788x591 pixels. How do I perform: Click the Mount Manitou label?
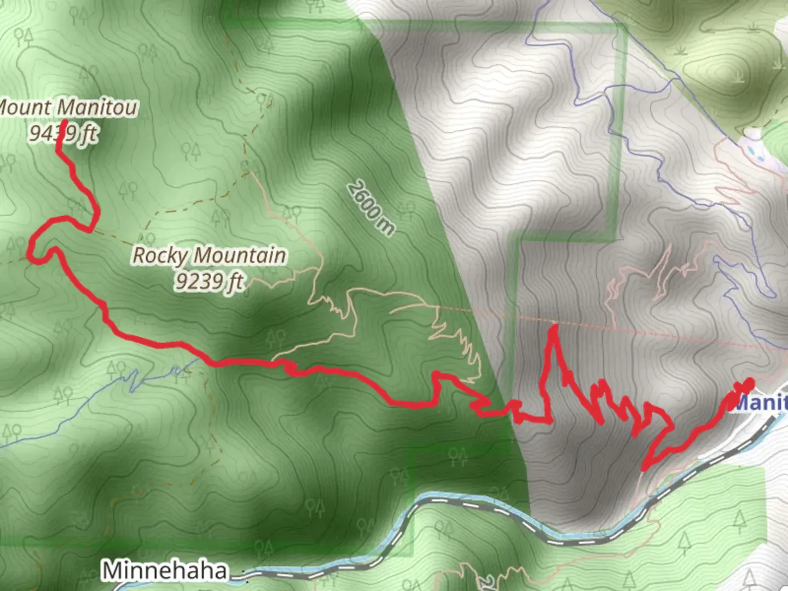tap(68, 107)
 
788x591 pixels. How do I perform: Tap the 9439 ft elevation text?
tap(63, 132)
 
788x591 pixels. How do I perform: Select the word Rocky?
tap(160, 256)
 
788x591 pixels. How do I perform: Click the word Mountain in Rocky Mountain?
tap(240, 256)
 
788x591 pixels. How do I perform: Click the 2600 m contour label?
tap(370, 208)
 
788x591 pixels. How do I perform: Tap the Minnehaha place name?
tap(164, 570)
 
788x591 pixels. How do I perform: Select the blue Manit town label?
tap(761, 403)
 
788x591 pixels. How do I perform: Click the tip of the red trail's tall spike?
tap(554, 327)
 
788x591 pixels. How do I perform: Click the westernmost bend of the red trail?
tap(31, 253)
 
